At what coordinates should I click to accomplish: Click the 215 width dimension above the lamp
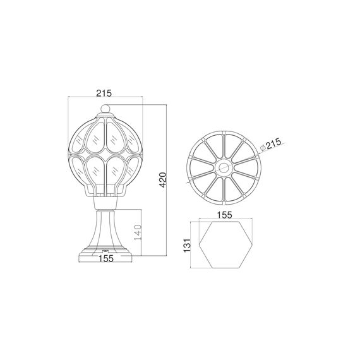click(x=105, y=92)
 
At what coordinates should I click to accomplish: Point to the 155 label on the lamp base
click(x=105, y=258)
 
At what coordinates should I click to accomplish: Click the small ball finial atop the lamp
click(x=106, y=109)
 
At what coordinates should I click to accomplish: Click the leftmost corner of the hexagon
click(x=200, y=239)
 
